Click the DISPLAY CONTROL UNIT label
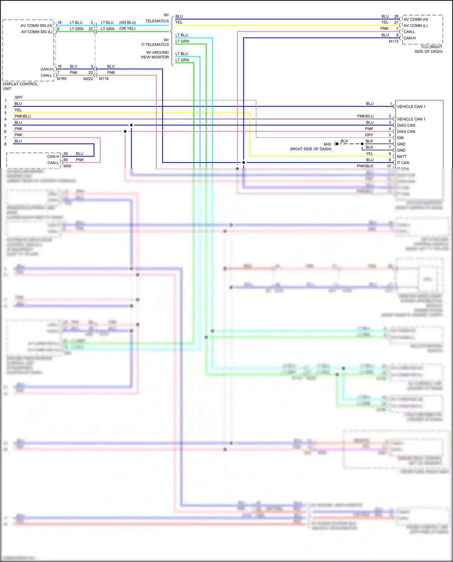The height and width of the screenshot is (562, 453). [x=20, y=86]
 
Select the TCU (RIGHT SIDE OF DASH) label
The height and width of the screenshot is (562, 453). [x=429, y=49]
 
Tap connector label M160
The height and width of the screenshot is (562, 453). [x=62, y=79]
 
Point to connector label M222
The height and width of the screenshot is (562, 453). [x=88, y=79]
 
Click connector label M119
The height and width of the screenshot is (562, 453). [x=104, y=79]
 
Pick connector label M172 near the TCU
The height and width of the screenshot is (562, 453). [x=394, y=41]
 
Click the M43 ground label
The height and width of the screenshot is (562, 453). [x=327, y=144]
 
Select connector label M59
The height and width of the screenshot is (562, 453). [x=67, y=166]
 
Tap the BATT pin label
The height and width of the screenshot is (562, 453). [x=402, y=156]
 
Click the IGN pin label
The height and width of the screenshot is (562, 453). [x=400, y=138]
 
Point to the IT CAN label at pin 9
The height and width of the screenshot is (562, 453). [x=403, y=163]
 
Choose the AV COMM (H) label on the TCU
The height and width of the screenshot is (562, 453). [x=416, y=19]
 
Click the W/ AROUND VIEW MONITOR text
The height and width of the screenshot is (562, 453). [x=155, y=55]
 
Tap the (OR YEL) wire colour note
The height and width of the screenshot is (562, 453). [x=127, y=29]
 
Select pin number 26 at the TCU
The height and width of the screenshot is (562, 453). [x=396, y=16]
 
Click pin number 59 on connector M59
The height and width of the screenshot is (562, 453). [x=66, y=153]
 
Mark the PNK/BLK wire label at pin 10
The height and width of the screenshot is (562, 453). [x=365, y=166]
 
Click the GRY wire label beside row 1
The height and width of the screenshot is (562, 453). [x=18, y=98]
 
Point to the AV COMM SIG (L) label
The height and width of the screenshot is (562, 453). [x=37, y=32]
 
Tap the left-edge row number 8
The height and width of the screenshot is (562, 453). [x=5, y=144]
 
